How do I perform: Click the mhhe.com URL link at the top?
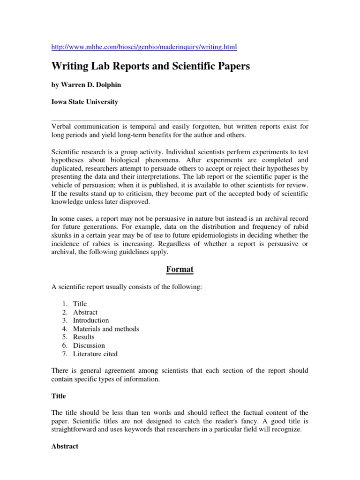pyautogui.click(x=144, y=47)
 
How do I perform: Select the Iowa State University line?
pyautogui.click(x=84, y=102)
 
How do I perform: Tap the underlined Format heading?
pyautogui.click(x=180, y=270)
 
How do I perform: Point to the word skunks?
pyautogui.click(x=63, y=235)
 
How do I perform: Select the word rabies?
pyautogui.click(x=101, y=244)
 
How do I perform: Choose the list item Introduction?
pyautogui.click(x=91, y=321)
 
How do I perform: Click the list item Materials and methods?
pyautogui.click(x=106, y=329)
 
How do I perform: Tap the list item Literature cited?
pyautogui.click(x=95, y=354)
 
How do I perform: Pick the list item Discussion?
pyautogui.click(x=89, y=345)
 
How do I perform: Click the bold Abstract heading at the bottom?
pyautogui.click(x=65, y=446)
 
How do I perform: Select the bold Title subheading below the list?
pyautogui.click(x=58, y=396)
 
